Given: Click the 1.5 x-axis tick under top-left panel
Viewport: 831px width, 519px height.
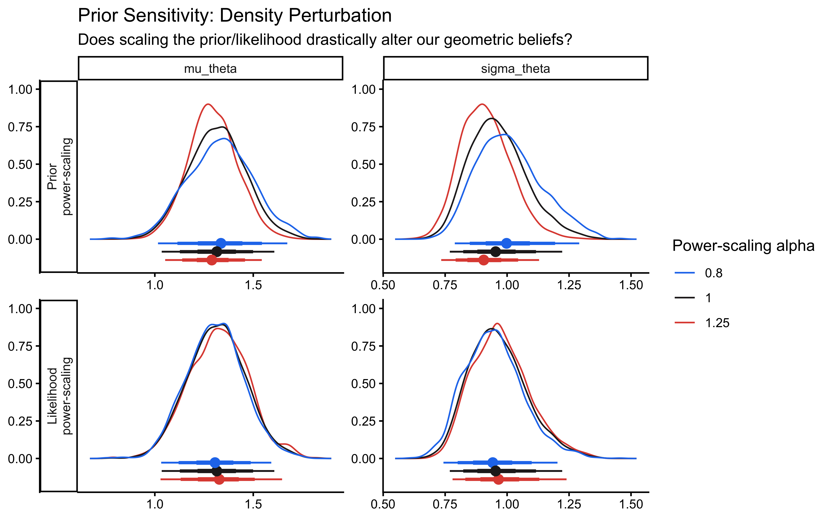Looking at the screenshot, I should pos(253,285).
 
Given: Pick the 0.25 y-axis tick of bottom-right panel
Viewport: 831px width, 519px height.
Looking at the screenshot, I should pos(363,421).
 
